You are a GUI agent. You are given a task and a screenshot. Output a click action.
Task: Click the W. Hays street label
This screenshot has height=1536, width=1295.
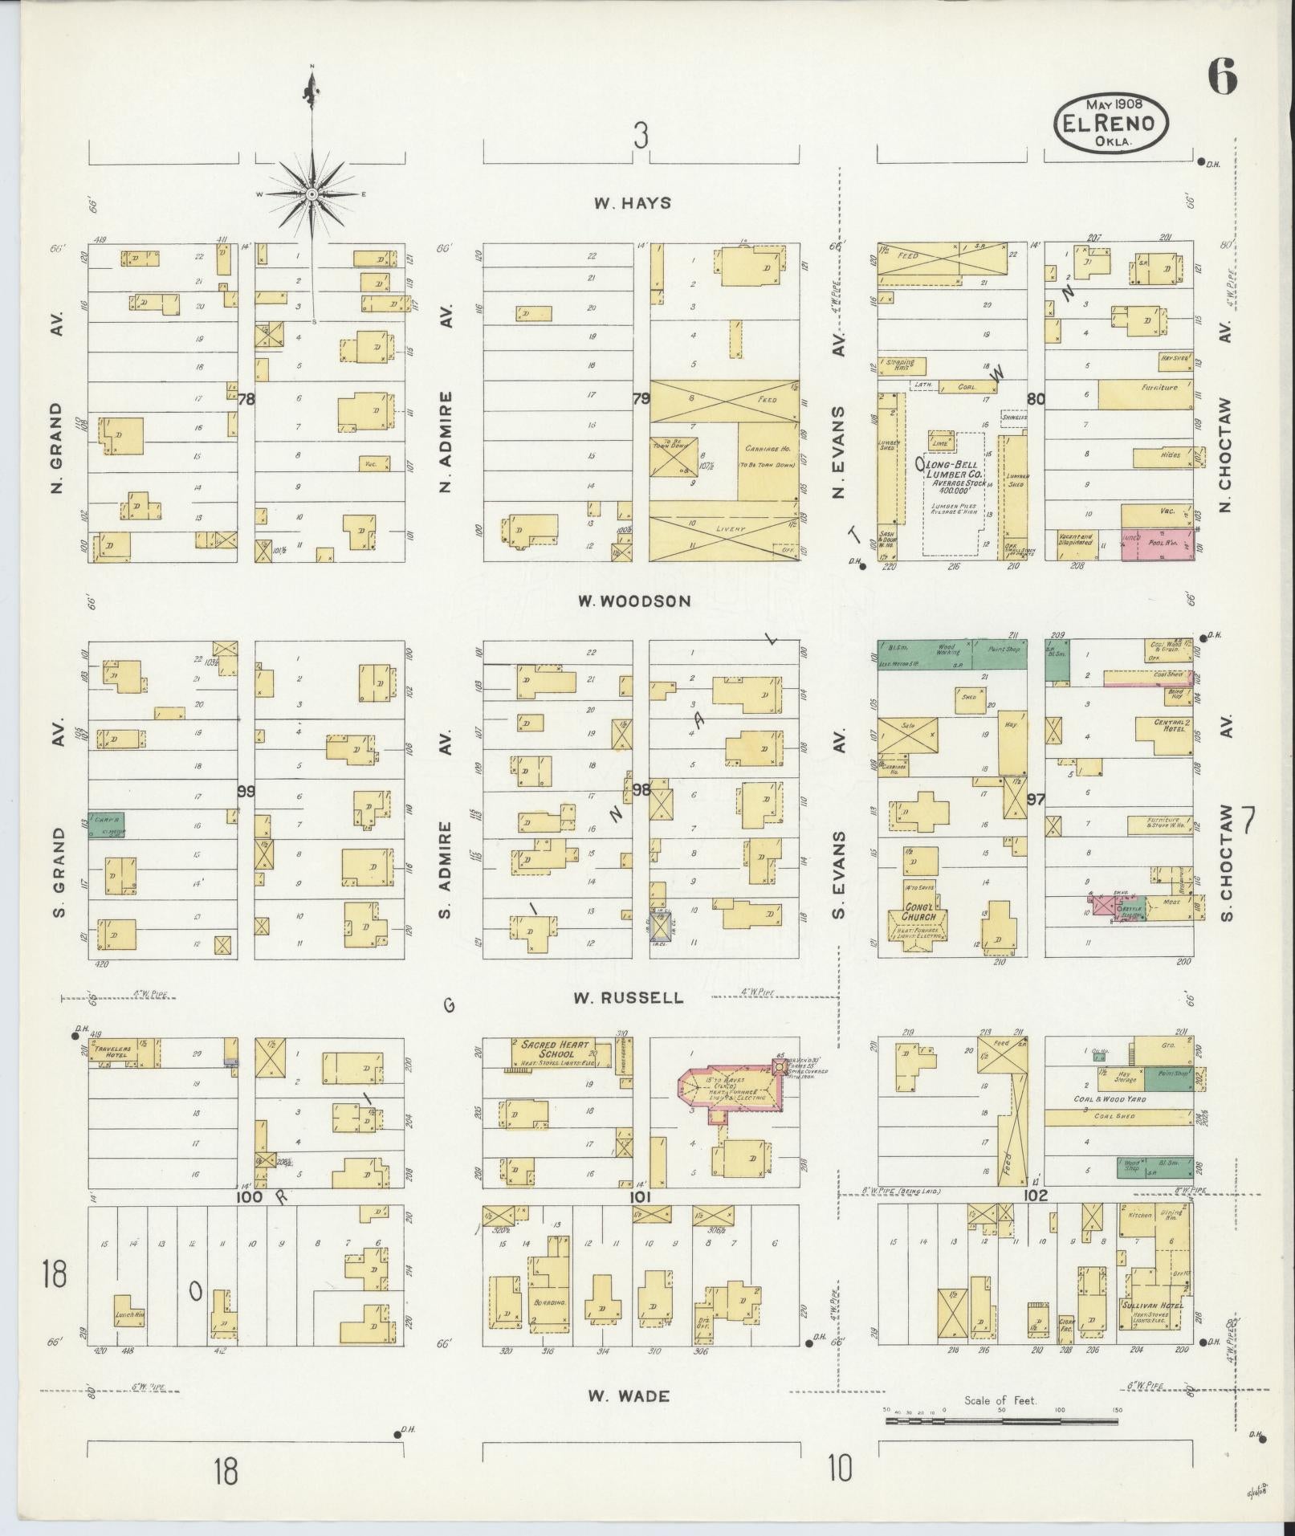(632, 203)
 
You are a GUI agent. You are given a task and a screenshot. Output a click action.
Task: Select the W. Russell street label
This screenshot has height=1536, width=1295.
(629, 998)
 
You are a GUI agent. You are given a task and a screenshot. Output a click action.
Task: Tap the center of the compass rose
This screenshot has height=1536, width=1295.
(312, 194)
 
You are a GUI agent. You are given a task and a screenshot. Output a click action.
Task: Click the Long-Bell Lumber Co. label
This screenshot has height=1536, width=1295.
(953, 471)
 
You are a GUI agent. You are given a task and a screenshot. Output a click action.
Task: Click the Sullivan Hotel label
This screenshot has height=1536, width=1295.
(1152, 1306)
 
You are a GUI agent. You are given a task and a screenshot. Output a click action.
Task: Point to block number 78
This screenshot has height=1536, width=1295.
(246, 398)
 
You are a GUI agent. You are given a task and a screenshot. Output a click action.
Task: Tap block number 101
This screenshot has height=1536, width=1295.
(639, 1196)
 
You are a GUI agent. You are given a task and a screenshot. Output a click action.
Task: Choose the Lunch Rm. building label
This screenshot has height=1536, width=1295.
(128, 1315)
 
